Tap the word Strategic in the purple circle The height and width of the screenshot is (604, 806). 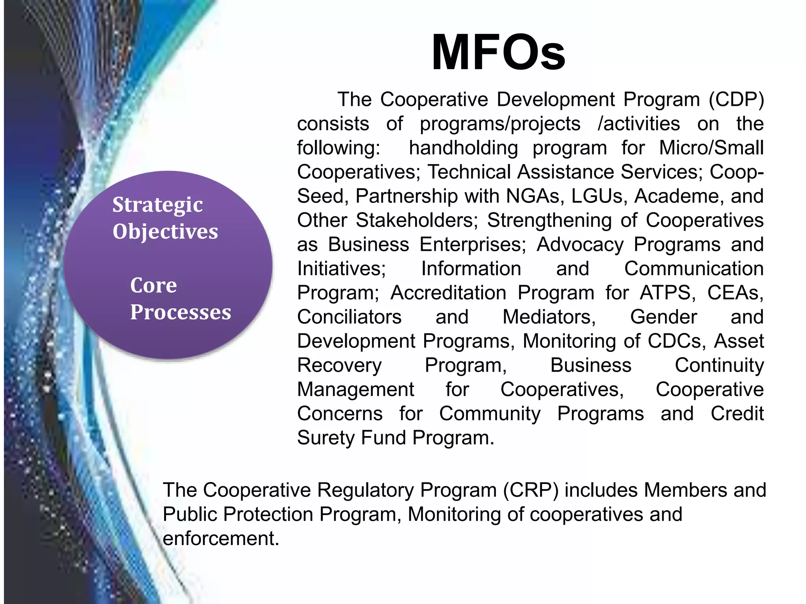157,205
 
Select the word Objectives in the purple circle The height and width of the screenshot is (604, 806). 165,231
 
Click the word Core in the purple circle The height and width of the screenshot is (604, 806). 153,285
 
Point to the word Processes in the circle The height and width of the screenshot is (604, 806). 181,312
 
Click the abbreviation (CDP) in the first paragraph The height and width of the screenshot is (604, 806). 736,99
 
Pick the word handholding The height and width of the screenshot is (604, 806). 463,148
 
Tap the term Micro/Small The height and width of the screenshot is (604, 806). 711,148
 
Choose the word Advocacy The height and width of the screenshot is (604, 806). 580,244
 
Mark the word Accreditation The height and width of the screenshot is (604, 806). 448,293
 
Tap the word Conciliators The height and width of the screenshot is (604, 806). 349,317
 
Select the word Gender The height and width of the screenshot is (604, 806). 664,317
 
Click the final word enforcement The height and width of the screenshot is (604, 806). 221,538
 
